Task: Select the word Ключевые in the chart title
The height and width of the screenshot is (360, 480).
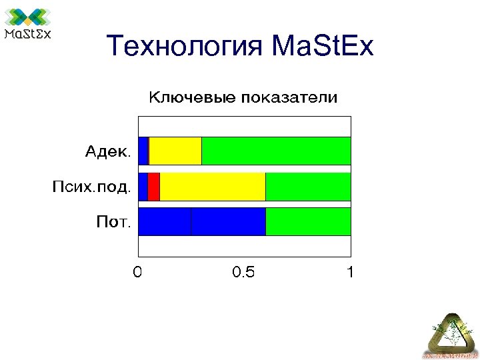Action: tap(191, 98)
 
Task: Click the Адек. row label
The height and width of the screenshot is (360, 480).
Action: tap(107, 151)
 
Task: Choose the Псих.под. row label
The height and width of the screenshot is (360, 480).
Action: tap(91, 186)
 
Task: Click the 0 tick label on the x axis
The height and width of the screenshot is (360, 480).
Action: tap(137, 272)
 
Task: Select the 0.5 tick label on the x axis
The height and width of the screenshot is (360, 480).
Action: tap(243, 272)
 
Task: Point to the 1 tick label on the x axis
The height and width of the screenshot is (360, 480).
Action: tap(350, 272)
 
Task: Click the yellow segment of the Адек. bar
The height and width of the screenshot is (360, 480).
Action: tap(175, 151)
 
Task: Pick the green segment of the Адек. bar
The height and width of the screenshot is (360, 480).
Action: tap(276, 151)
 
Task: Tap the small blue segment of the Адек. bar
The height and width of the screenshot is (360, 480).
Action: tap(143, 151)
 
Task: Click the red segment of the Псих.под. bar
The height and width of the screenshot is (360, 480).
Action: tap(153, 186)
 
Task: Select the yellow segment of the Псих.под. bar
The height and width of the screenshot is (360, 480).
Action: tap(213, 186)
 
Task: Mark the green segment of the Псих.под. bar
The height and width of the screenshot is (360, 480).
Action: tap(308, 186)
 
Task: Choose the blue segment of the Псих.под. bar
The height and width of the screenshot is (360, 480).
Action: tap(143, 186)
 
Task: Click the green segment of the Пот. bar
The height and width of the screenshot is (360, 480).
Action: tap(308, 221)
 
